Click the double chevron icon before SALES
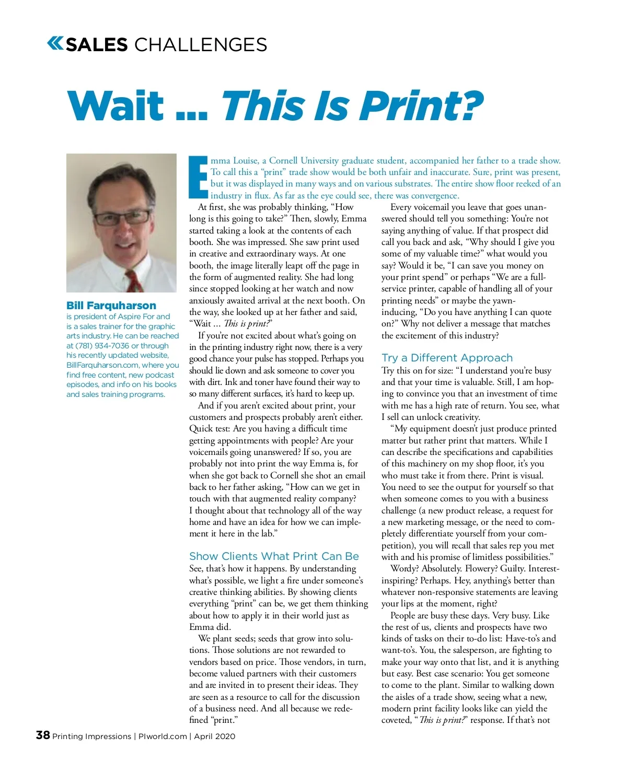pyautogui.click(x=55, y=43)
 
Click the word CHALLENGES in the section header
pyautogui.click(x=201, y=45)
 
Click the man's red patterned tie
pyautogui.click(x=134, y=279)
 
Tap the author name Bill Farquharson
pyautogui.click(x=111, y=306)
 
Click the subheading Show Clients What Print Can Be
pyautogui.click(x=274, y=556)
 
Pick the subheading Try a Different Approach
pyautogui.click(x=447, y=358)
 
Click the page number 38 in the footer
pyautogui.click(x=43, y=735)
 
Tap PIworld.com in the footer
pyautogui.click(x=162, y=736)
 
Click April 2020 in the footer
pyautogui.click(x=215, y=736)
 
